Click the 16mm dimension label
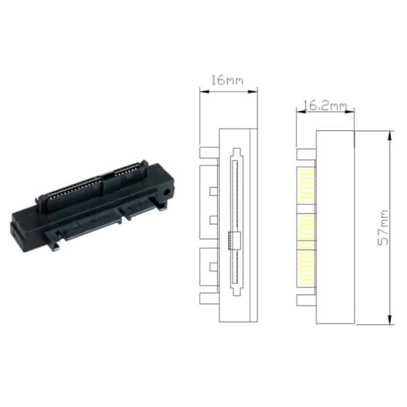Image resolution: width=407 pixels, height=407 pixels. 227,80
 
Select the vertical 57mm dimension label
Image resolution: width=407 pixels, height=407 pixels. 383,227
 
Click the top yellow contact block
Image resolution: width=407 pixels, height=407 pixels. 306,186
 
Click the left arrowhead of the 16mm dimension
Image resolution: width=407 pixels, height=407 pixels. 203,90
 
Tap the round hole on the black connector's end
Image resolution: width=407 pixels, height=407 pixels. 168,190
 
